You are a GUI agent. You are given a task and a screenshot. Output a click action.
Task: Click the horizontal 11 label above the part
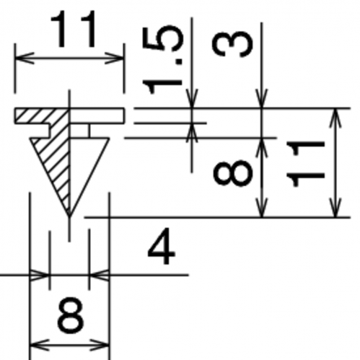pos(74,30)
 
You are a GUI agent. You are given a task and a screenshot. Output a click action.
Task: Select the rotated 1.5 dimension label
pos(163,60)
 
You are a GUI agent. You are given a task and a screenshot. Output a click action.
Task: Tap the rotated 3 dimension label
pos(232,45)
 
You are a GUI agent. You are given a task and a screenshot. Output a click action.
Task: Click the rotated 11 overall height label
pos(304,164)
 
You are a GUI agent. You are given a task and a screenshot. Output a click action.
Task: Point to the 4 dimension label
pos(162,246)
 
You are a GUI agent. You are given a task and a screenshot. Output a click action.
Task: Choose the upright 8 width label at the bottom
pos(70,315)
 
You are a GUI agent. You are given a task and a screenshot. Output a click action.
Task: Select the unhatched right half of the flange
pos(97,116)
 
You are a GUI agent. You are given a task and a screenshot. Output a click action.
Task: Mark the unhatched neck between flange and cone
pos(80,131)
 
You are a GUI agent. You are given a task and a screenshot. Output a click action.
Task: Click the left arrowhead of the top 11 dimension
pos(24,58)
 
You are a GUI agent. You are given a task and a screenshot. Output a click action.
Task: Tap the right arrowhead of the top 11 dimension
pos(115,58)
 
